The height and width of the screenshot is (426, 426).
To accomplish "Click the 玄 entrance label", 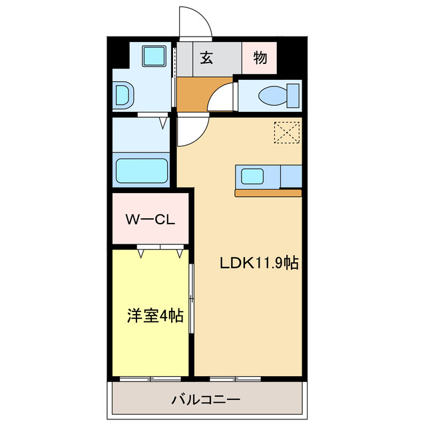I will pos(206,58).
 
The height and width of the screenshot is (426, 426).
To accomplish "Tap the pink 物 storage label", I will pos(260,58).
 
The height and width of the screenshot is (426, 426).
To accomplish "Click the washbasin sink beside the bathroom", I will pos(123,95).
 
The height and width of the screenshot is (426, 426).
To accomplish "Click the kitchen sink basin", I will pos(252,177).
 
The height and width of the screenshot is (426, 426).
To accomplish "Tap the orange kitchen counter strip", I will pos(268,194).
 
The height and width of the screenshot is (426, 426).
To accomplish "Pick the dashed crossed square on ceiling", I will pos(287,132).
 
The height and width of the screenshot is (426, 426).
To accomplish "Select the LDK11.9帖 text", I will pos(259,263).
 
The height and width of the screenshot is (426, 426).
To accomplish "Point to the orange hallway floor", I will pos(193,95).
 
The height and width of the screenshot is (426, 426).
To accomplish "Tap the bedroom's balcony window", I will pos(151,379).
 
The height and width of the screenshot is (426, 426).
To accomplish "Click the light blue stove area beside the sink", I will pos(291,176).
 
